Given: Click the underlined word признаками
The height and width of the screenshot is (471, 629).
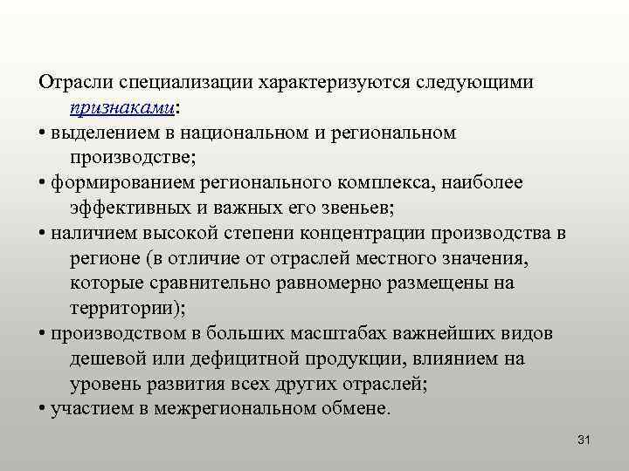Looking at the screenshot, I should (121, 108).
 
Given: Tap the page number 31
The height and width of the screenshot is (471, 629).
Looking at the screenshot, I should (584, 440).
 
